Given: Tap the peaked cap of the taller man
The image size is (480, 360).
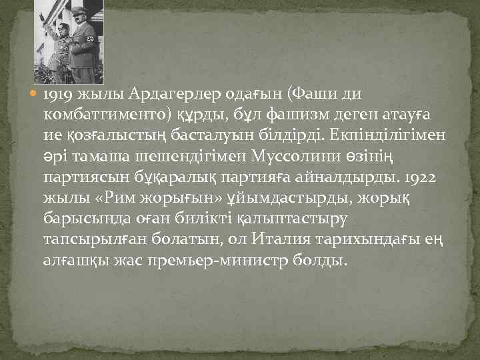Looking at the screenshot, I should click(79, 9).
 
